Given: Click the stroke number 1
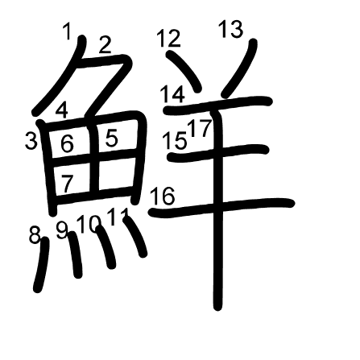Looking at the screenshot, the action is click(x=68, y=31).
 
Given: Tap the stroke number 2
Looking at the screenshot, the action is click(x=105, y=44).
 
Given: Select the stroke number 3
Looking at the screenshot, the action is click(x=31, y=141).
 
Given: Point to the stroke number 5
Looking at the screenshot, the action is click(x=111, y=139).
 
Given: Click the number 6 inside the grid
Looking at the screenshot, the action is click(x=67, y=143).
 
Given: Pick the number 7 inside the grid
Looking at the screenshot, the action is click(x=68, y=184).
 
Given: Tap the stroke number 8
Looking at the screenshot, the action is click(x=35, y=235).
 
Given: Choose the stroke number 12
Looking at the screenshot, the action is click(x=169, y=39).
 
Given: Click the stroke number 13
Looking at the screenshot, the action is click(x=231, y=29).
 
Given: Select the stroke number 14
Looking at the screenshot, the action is click(x=172, y=94).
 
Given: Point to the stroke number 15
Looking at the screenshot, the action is click(x=175, y=141).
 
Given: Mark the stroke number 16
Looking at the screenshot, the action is click(x=163, y=197).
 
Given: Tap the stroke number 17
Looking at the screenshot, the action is click(x=201, y=128).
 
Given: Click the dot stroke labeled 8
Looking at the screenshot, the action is click(x=42, y=264).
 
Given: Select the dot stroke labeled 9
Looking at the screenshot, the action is click(x=75, y=254).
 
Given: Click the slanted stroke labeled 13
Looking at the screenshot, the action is click(x=240, y=68).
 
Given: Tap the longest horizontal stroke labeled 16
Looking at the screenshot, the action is click(x=221, y=207).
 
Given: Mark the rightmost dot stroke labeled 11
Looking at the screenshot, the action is click(x=135, y=237).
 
